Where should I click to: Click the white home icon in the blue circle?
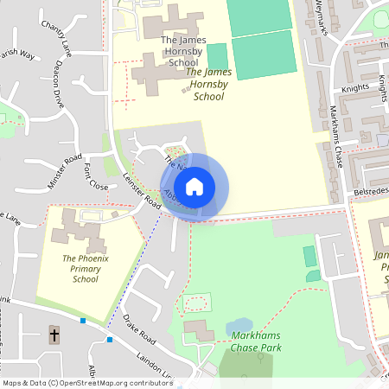194,187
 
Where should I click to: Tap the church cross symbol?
54,335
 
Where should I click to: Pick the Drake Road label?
137,328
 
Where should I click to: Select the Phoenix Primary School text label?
86,268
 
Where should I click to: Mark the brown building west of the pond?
199,330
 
